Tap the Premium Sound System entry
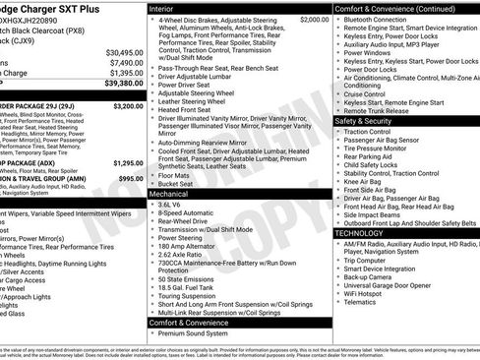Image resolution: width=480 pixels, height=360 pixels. coord(195,333)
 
